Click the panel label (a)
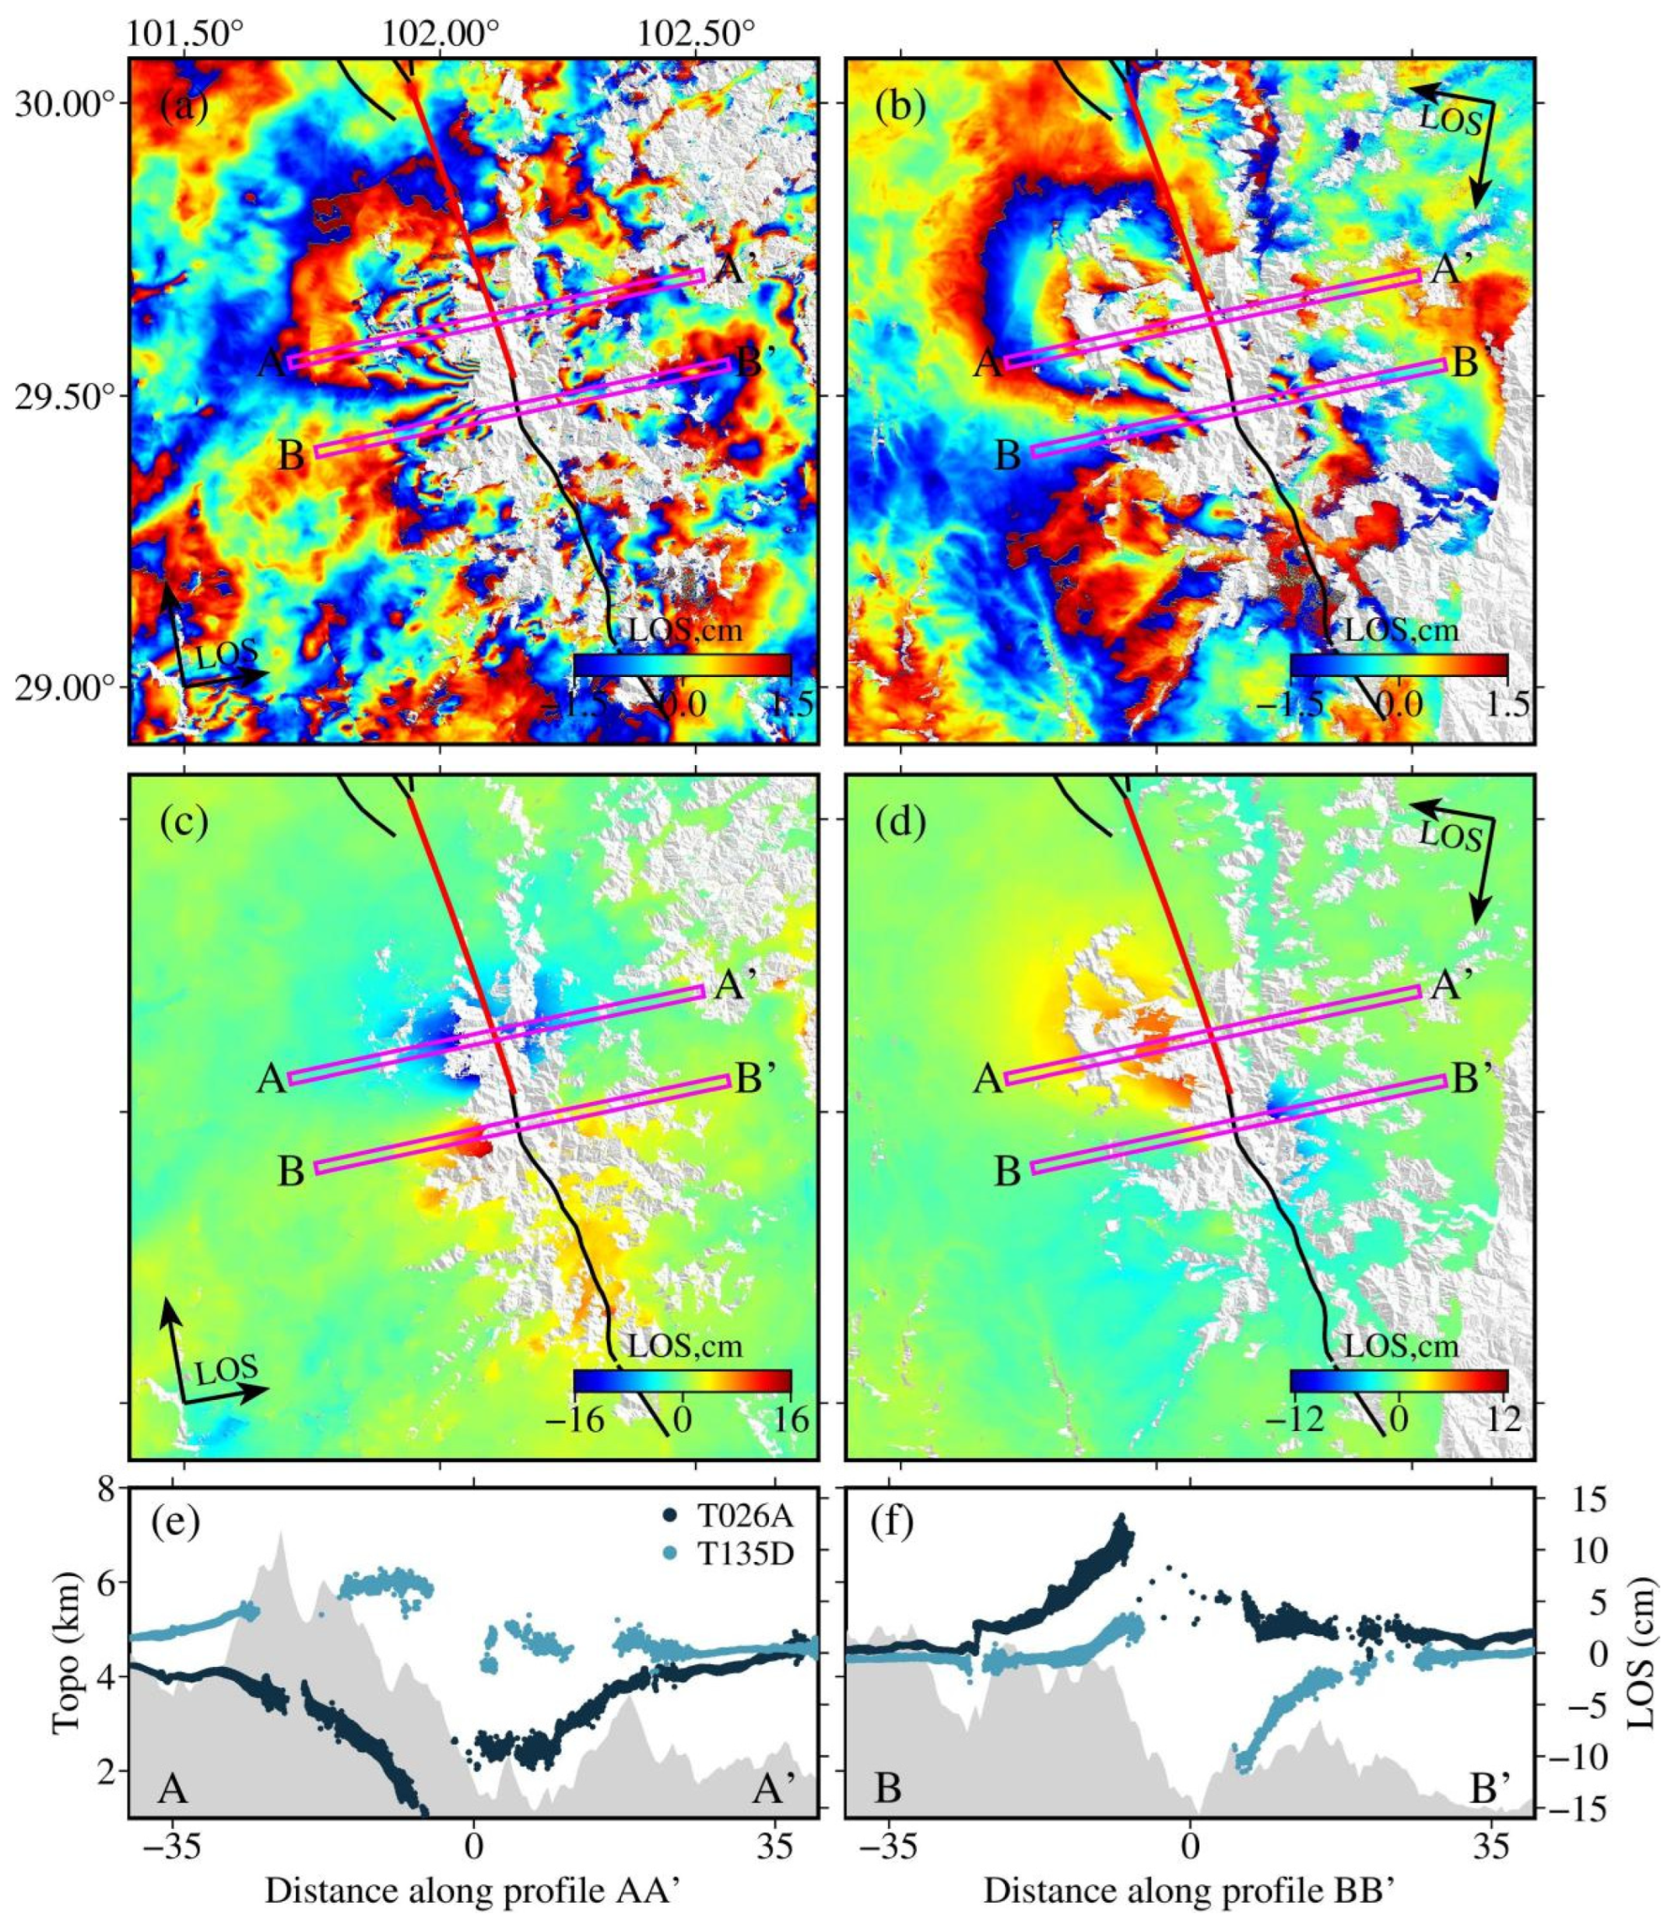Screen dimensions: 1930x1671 click(184, 108)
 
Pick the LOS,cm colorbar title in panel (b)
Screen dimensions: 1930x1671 click(1402, 631)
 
